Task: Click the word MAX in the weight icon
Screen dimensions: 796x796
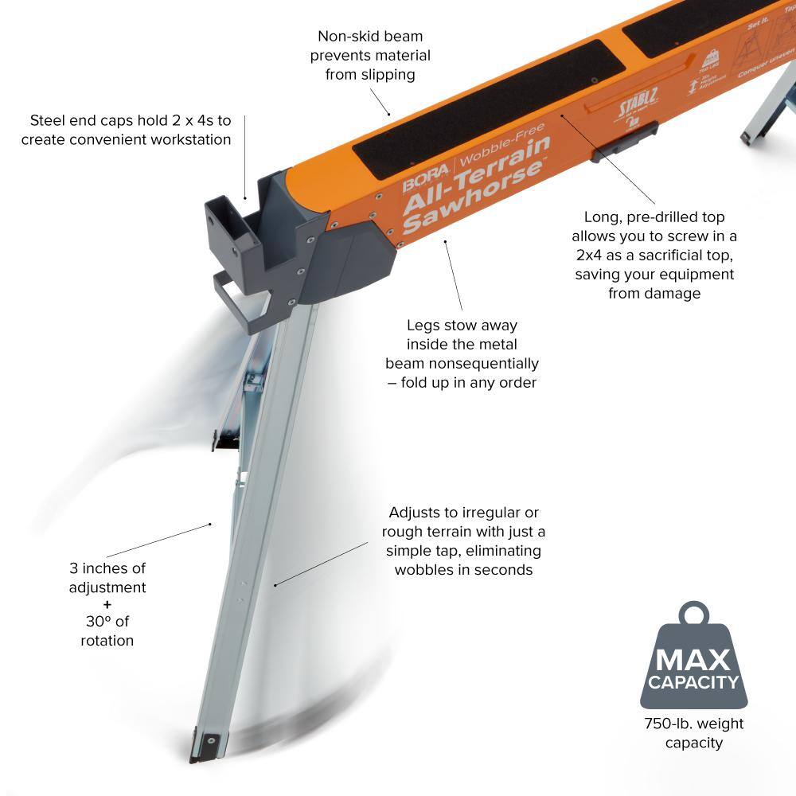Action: [x=692, y=659]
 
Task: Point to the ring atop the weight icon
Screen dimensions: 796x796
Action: [x=693, y=615]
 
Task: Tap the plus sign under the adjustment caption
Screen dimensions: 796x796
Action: [x=107, y=604]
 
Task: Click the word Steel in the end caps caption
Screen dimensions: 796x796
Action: [x=48, y=121]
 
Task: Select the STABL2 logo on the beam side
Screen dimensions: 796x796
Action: [x=638, y=107]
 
